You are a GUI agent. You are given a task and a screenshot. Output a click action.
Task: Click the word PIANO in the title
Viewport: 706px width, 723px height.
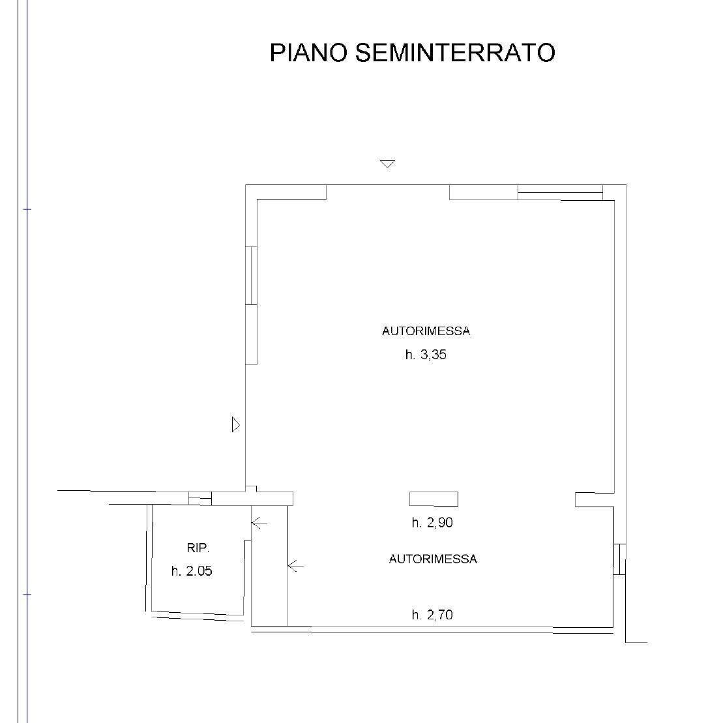click(308, 52)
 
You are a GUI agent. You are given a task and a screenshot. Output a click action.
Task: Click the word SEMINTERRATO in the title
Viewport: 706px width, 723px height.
click(455, 52)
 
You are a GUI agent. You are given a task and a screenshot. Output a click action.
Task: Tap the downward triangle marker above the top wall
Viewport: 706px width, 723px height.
click(387, 164)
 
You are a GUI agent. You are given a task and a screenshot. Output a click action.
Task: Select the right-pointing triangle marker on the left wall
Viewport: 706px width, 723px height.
click(235, 424)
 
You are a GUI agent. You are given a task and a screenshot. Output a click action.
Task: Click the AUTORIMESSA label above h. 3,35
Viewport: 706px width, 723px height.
click(426, 331)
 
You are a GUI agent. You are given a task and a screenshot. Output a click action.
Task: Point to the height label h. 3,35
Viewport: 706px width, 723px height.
click(426, 355)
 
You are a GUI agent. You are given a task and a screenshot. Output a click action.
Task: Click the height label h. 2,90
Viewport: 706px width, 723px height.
click(432, 522)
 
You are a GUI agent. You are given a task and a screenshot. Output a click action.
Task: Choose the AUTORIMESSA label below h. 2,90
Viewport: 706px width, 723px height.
click(433, 559)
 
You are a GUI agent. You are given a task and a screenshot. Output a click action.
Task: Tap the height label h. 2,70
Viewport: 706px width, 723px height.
click(432, 615)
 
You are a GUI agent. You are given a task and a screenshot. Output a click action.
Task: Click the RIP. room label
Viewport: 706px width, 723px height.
click(198, 548)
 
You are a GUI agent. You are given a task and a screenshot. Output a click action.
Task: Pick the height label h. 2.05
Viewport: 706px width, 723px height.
click(192, 571)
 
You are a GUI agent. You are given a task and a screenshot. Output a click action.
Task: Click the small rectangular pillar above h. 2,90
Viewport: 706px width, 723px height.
click(434, 499)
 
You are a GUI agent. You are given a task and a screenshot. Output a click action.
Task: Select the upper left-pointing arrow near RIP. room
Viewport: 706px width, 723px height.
click(259, 523)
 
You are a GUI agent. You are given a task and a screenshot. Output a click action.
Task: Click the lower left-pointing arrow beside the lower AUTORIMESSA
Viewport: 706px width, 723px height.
click(295, 565)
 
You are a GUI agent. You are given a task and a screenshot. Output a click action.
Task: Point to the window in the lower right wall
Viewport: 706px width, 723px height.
click(619, 559)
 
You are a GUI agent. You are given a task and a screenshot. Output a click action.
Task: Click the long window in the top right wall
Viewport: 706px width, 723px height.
click(560, 192)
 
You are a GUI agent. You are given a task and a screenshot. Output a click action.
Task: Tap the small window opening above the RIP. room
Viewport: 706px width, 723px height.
click(200, 499)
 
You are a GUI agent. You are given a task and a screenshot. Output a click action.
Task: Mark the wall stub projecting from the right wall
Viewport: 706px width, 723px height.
click(595, 500)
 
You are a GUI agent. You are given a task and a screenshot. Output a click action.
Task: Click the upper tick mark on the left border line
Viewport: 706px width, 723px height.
click(27, 209)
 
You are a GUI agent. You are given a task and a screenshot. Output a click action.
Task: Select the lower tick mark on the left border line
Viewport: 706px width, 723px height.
click(27, 595)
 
